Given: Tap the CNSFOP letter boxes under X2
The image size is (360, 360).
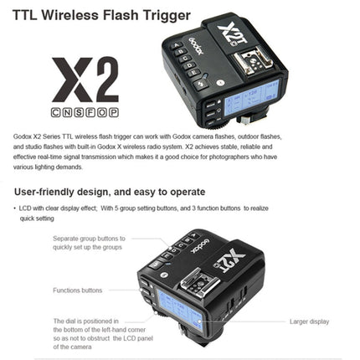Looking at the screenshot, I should [x=85, y=111].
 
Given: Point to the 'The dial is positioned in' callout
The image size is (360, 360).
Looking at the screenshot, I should [x=86, y=321].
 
